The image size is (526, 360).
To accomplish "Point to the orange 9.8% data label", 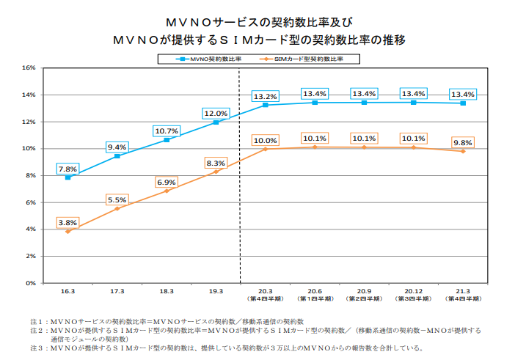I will [462, 143].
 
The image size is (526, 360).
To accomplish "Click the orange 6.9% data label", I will [167, 182].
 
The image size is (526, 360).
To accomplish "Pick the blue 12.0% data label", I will [216, 114].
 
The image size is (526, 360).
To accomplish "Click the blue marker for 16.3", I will [67, 177].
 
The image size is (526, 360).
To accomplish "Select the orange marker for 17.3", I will [117, 208].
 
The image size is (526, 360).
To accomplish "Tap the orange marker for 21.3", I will [462, 151].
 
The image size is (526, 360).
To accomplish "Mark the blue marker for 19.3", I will [216, 122].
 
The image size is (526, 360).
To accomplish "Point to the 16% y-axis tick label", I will [29, 67].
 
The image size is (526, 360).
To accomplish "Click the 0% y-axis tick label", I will [32, 283].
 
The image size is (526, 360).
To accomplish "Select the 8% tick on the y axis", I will [32, 175].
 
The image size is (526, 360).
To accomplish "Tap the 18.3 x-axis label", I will [167, 292].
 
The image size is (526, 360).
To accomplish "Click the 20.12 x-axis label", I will [413, 292].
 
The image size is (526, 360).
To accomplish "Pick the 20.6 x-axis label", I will [314, 292].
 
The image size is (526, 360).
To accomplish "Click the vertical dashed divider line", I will [240, 220].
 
